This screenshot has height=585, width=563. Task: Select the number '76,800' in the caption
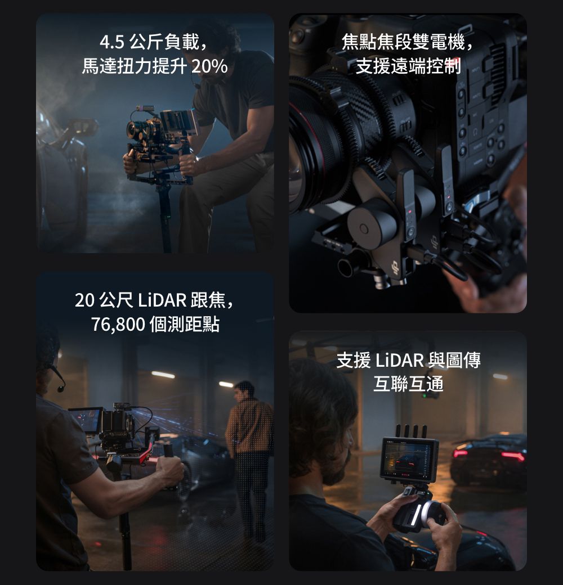tap(118, 325)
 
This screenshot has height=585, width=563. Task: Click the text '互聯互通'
tap(408, 384)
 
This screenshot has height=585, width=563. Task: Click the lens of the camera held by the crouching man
tap(135, 131)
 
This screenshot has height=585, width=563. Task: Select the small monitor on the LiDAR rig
tap(86, 420)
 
